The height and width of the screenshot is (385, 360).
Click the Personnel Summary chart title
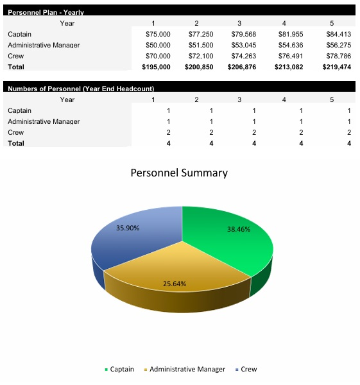tap(179, 173)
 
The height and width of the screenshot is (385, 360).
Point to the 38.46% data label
tap(239, 229)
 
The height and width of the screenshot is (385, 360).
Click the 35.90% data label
tap(128, 228)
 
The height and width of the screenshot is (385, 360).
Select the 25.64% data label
tap(175, 283)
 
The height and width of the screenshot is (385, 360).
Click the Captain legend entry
tap(121, 370)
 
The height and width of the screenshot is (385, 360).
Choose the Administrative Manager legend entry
tap(187, 370)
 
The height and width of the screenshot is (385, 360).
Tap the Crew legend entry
tap(248, 370)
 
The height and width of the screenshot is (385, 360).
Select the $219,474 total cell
tap(336, 67)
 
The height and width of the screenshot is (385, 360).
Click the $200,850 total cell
tap(198, 67)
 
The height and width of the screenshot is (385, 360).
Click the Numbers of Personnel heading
tap(80, 89)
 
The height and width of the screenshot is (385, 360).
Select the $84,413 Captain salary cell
tap(338, 34)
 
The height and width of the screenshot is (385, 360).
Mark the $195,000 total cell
tap(156, 67)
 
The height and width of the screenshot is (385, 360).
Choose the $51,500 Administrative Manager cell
tap(201, 45)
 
